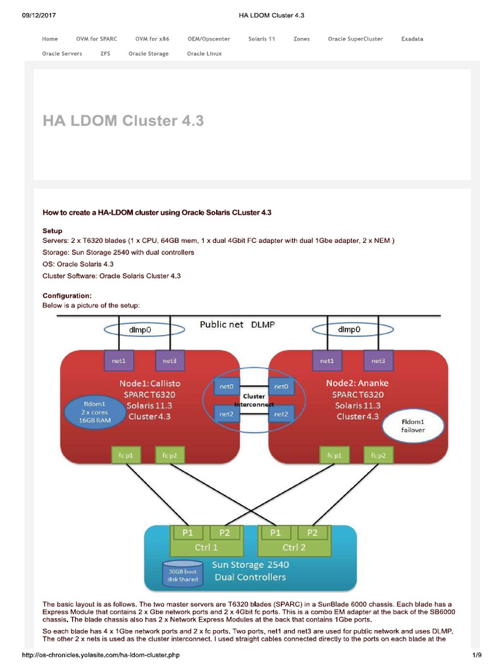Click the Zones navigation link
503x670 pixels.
coord(301,39)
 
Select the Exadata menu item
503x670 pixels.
coord(412,39)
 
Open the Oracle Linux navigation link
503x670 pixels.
coord(204,54)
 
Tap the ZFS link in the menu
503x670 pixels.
coord(105,54)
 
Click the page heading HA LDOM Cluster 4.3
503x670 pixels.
coord(123,121)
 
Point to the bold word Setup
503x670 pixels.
coord(52,231)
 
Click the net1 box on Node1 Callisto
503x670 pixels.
coord(119,361)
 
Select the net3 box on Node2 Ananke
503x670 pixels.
coord(378,361)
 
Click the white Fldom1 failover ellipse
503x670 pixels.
coord(413,426)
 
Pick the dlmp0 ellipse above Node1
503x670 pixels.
coord(140,330)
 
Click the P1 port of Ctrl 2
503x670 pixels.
coord(275,533)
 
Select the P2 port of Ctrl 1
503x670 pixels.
coord(224,533)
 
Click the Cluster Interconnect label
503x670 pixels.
coord(253,400)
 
